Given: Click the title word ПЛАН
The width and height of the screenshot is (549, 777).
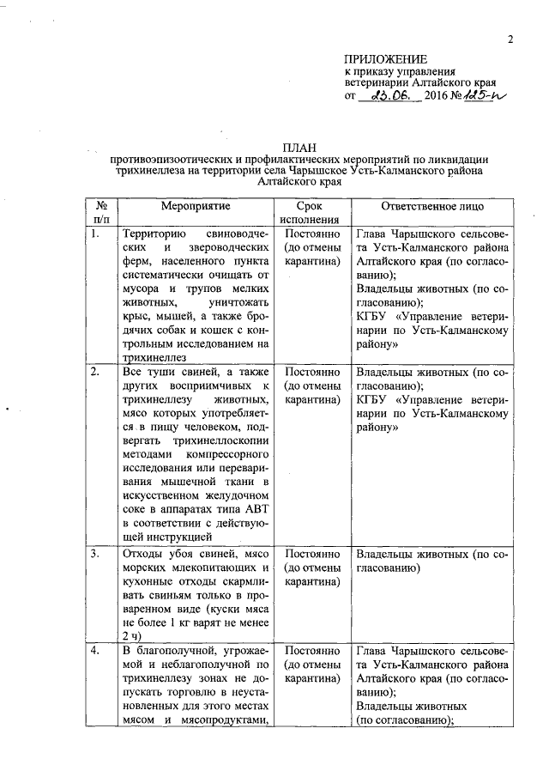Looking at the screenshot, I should point(299,147).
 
